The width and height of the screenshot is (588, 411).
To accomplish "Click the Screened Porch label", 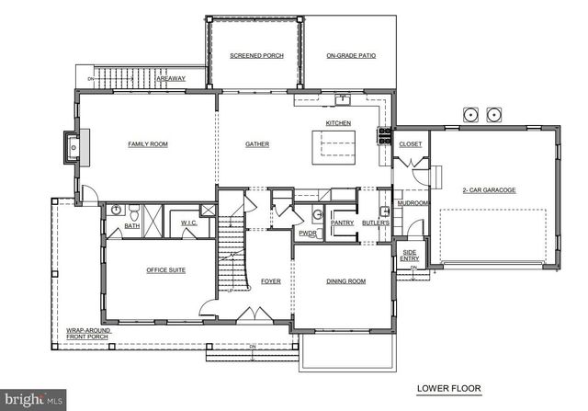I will (256, 56).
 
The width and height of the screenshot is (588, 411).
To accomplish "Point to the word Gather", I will (257, 144).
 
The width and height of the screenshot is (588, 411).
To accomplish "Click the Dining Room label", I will (345, 281).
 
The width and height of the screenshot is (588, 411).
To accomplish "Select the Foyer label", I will (270, 281).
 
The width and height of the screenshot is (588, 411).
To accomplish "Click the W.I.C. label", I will (189, 223).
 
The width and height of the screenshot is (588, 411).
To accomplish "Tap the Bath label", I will (132, 225).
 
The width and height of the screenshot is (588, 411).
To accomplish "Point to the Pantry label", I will (342, 223).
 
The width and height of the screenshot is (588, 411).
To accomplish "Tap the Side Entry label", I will (409, 255).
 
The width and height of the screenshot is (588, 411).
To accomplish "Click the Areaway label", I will (170, 79).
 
